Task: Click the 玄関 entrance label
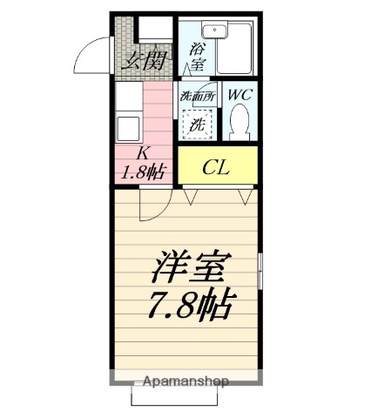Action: coord(145,60)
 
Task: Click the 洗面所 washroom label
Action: coord(196,97)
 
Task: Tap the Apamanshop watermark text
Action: coord(185,381)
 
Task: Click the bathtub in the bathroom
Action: coord(234,49)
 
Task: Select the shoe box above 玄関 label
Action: coord(156,29)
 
